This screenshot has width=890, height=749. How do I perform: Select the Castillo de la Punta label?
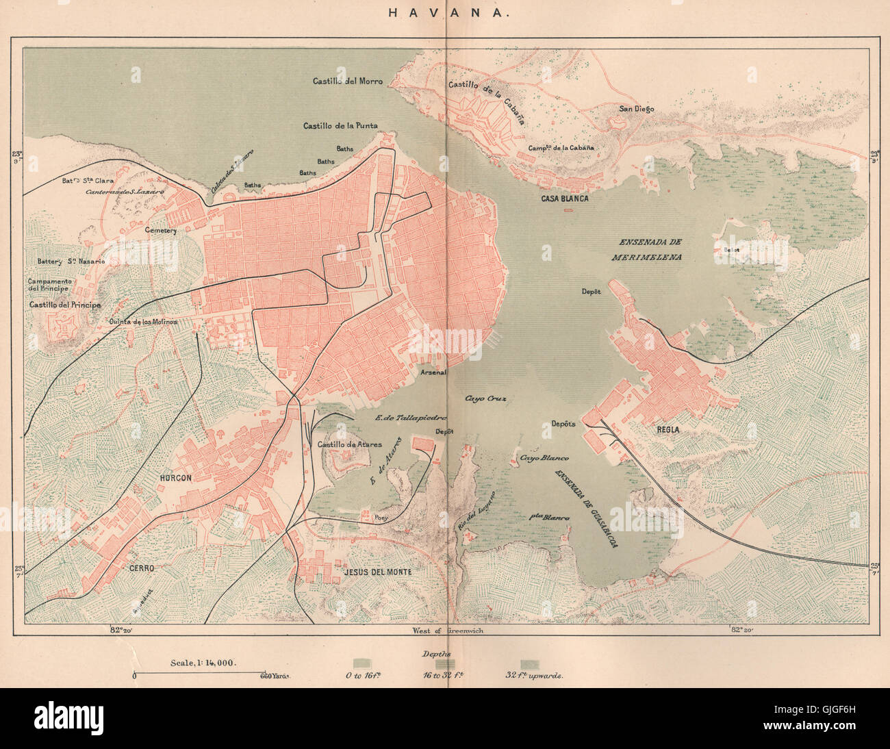pyautogui.click(x=340, y=126)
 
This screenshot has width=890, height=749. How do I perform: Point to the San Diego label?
pyautogui.click(x=636, y=109)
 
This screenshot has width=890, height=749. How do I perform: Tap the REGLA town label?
pyautogui.click(x=667, y=429)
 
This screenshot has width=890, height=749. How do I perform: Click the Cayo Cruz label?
pyautogui.click(x=485, y=398)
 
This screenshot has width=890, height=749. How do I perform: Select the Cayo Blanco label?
pyautogui.click(x=544, y=458)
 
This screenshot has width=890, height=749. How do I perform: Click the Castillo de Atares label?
pyautogui.click(x=350, y=444)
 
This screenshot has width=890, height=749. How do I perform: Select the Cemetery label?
pyautogui.click(x=160, y=231)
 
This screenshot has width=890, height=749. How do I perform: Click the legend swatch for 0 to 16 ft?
pyautogui.click(x=359, y=663)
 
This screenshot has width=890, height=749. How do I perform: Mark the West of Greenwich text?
pyautogui.click(x=447, y=631)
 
